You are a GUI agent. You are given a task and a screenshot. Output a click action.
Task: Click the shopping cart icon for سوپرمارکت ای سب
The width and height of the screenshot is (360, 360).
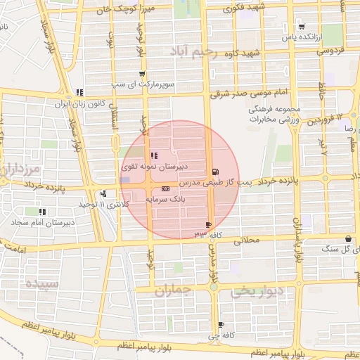click(143, 74)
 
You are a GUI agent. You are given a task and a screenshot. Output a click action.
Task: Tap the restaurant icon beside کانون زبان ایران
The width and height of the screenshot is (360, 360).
click(79, 92)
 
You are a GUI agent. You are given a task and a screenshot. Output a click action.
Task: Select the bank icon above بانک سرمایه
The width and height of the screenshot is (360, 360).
click(165, 188)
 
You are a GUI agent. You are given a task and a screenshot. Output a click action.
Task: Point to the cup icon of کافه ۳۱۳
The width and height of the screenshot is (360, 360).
click(208, 224)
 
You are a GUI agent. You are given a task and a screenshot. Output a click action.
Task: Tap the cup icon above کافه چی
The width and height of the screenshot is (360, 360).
click(221, 324)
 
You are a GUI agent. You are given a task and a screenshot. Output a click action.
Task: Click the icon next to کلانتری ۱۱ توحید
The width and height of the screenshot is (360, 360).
click(104, 193)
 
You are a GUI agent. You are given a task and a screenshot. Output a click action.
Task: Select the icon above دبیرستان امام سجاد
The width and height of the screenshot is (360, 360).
click(42, 211)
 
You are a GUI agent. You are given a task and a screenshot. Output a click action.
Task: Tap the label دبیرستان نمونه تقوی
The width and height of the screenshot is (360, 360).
click(155, 166)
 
